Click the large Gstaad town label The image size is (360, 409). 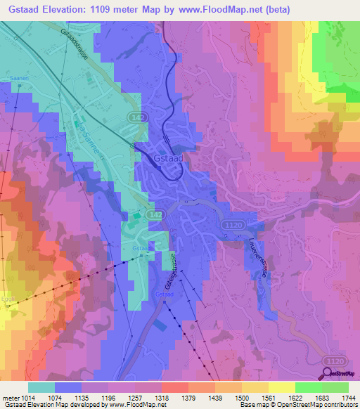tap(168, 160)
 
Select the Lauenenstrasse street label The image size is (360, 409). tap(256, 256)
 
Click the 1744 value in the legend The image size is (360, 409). tap(347, 398)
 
